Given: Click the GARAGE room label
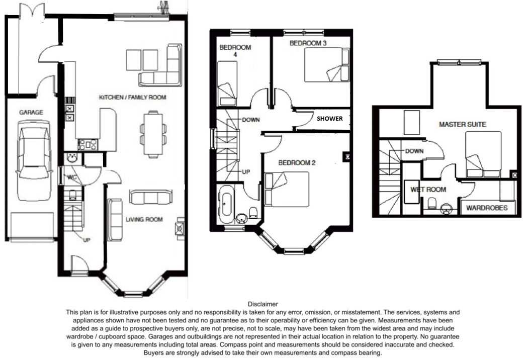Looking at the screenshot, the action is pyautogui.click(x=31, y=112).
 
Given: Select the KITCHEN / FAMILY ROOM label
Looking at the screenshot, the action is pyautogui.click(x=133, y=98).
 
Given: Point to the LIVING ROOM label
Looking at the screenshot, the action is pyautogui.click(x=144, y=220).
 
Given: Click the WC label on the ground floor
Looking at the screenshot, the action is pyautogui.click(x=72, y=177).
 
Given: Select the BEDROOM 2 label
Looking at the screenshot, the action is pyautogui.click(x=297, y=163).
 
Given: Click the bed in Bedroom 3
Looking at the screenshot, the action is pyautogui.click(x=327, y=65).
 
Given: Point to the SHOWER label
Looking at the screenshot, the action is pyautogui.click(x=329, y=119).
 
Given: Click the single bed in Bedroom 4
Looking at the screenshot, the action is pyautogui.click(x=227, y=83).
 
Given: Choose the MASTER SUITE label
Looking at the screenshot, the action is pyautogui.click(x=463, y=125).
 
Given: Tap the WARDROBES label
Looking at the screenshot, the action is pyautogui.click(x=487, y=208).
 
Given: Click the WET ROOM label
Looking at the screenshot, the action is pyautogui.click(x=428, y=190).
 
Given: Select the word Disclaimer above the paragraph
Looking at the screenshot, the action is pyautogui.click(x=263, y=304).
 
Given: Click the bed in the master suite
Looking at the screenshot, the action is pyautogui.click(x=483, y=154).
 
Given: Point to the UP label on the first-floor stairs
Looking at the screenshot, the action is pyautogui.click(x=246, y=172).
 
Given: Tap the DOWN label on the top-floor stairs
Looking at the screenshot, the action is pyautogui.click(x=414, y=151).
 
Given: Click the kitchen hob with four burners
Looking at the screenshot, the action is pyautogui.click(x=87, y=145).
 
